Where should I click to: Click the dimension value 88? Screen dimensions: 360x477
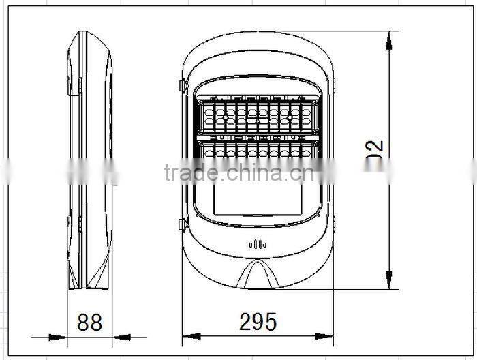(x=89, y=322)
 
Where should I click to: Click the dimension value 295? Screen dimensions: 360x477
(x=258, y=322)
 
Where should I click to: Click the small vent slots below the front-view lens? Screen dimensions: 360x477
(x=258, y=244)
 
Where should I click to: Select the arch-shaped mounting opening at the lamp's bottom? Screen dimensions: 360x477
(x=257, y=275)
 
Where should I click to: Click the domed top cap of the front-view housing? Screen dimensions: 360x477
(x=258, y=51)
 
